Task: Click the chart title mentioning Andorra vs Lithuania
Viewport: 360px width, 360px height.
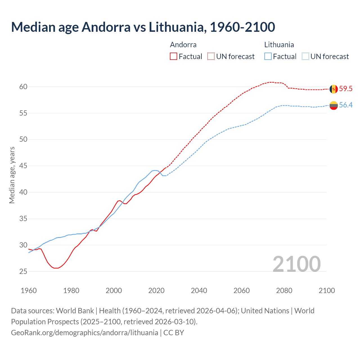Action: click(x=143, y=27)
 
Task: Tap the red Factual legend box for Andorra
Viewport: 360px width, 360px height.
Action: click(x=174, y=57)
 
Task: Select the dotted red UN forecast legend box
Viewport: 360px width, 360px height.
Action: click(x=211, y=57)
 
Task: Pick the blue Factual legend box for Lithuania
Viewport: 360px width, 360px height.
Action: click(x=268, y=57)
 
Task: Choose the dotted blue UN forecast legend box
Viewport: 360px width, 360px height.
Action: click(x=305, y=57)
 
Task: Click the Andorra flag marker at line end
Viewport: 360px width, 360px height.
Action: click(x=334, y=89)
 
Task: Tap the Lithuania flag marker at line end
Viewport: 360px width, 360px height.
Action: click(x=334, y=105)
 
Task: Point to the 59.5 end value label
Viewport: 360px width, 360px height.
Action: click(x=346, y=89)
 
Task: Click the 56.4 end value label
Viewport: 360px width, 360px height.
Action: click(x=346, y=105)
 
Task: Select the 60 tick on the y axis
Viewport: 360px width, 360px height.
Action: click(x=23, y=87)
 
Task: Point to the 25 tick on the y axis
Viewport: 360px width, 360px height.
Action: click(x=23, y=272)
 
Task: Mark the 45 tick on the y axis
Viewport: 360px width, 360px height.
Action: click(x=23, y=166)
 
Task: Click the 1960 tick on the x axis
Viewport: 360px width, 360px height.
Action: click(x=29, y=291)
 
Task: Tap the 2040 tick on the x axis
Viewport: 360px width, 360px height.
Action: click(x=199, y=291)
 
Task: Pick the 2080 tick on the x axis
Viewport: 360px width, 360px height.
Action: click(x=284, y=291)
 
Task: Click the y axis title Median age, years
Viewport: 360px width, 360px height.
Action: click(x=12, y=175)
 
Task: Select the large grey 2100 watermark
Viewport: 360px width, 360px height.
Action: click(x=296, y=264)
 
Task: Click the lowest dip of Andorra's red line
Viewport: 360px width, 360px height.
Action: click(x=56, y=268)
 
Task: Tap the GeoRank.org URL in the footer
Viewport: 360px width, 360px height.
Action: click(x=84, y=333)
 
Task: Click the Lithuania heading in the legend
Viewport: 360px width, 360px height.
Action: click(x=279, y=45)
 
